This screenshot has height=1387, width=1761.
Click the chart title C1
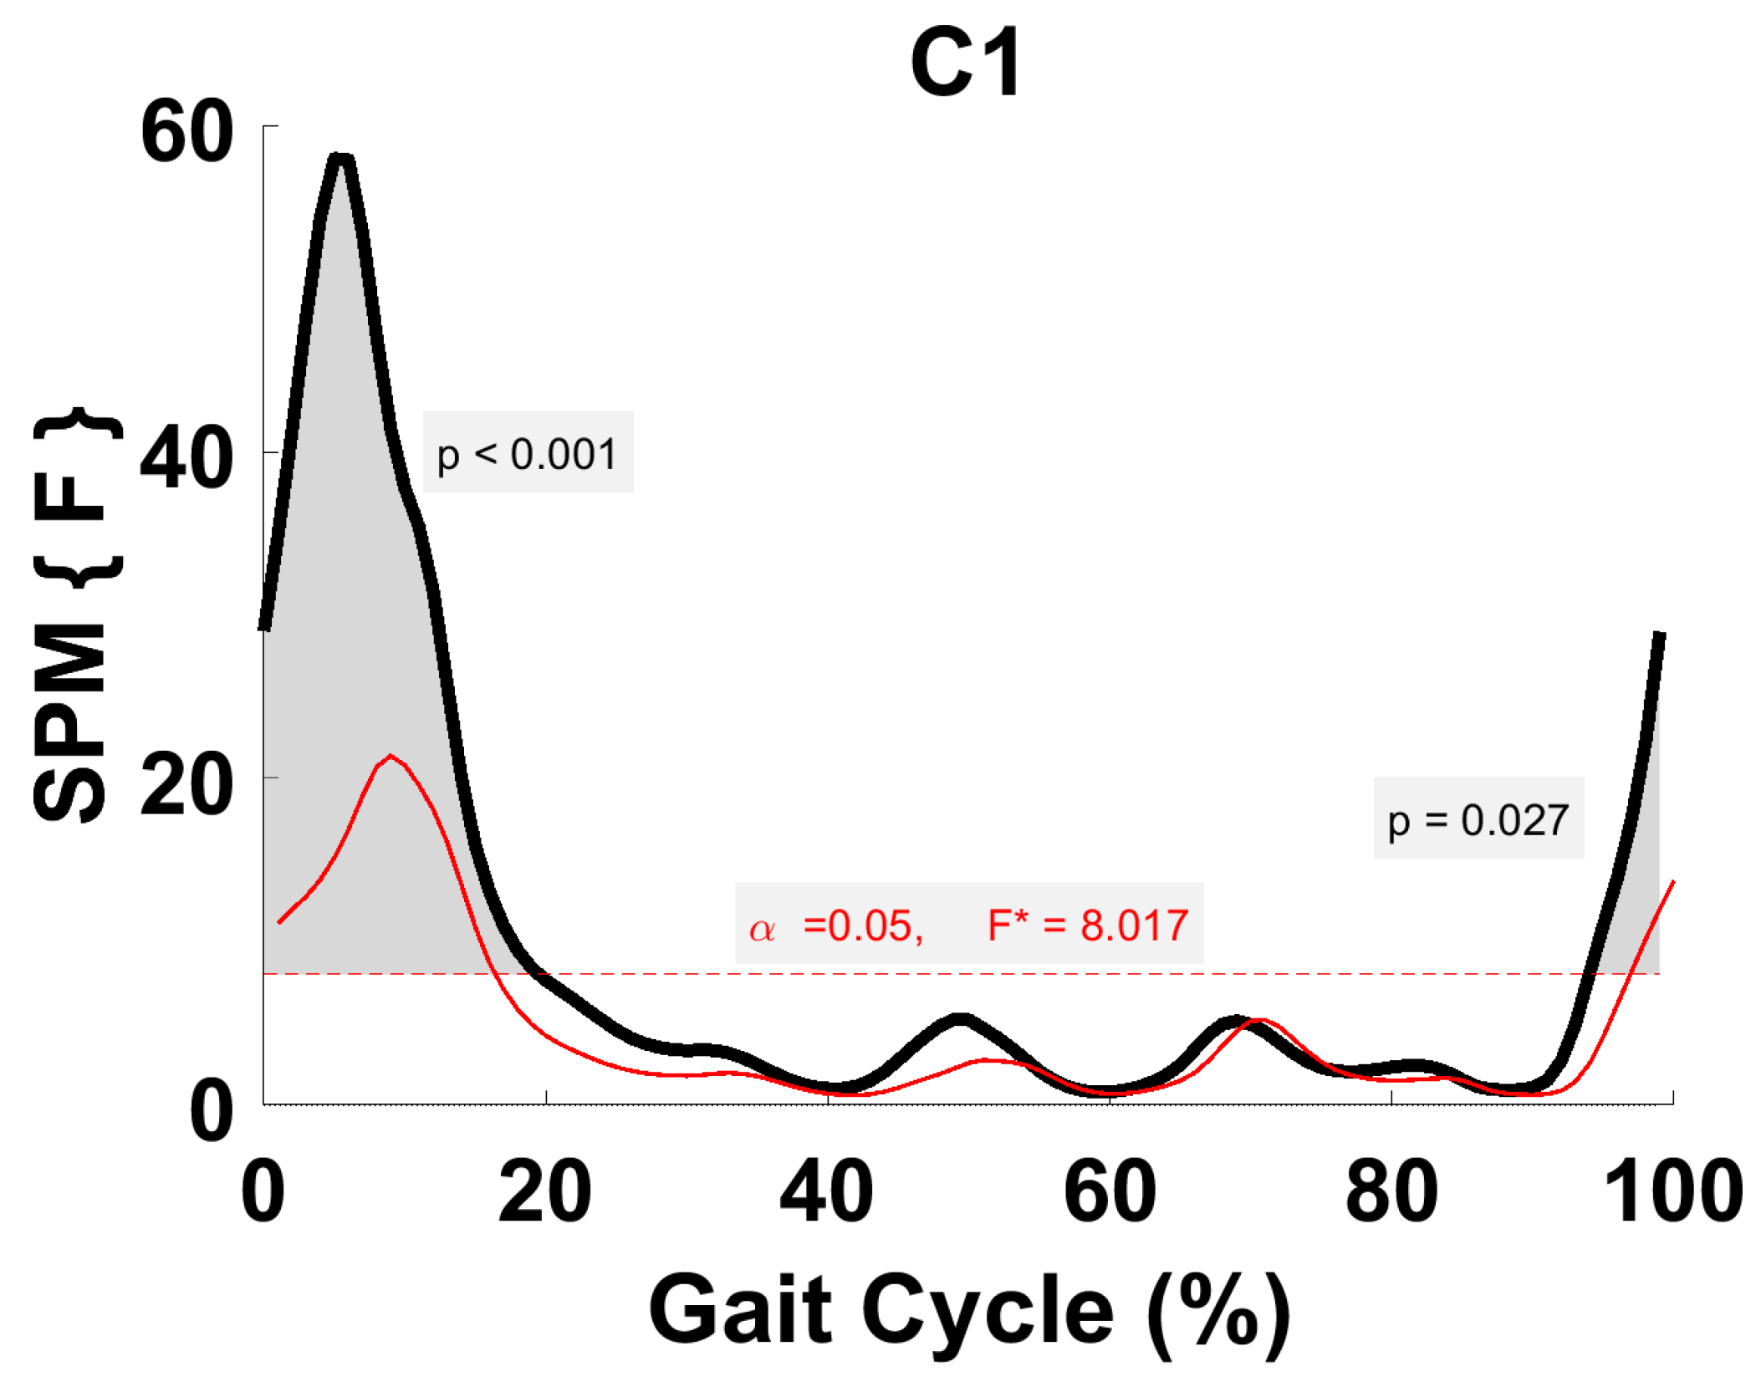coord(965,62)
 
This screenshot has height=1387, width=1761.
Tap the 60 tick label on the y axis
coord(186,132)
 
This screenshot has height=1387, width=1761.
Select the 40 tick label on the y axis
coord(186,458)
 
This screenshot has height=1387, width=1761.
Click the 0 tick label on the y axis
coord(211,1111)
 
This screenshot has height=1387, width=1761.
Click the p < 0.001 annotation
coord(527,454)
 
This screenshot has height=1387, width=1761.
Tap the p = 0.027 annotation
coord(1478,820)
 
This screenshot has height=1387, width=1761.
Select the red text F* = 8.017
coord(1087,926)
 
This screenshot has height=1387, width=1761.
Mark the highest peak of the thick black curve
coord(340,158)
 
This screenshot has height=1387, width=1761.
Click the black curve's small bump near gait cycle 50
coord(962,1019)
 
